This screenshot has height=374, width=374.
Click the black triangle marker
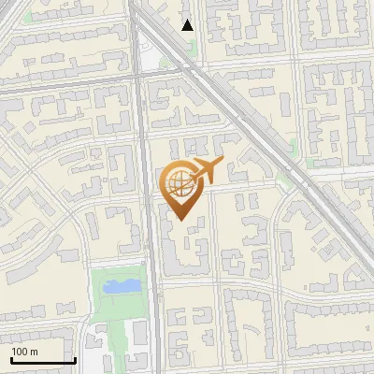click(188, 25)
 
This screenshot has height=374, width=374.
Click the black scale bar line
click(42, 361)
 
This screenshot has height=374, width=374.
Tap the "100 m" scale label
click(25, 352)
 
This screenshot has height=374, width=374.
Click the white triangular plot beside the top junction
click(150, 61)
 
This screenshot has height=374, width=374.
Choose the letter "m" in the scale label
click(34, 352)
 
